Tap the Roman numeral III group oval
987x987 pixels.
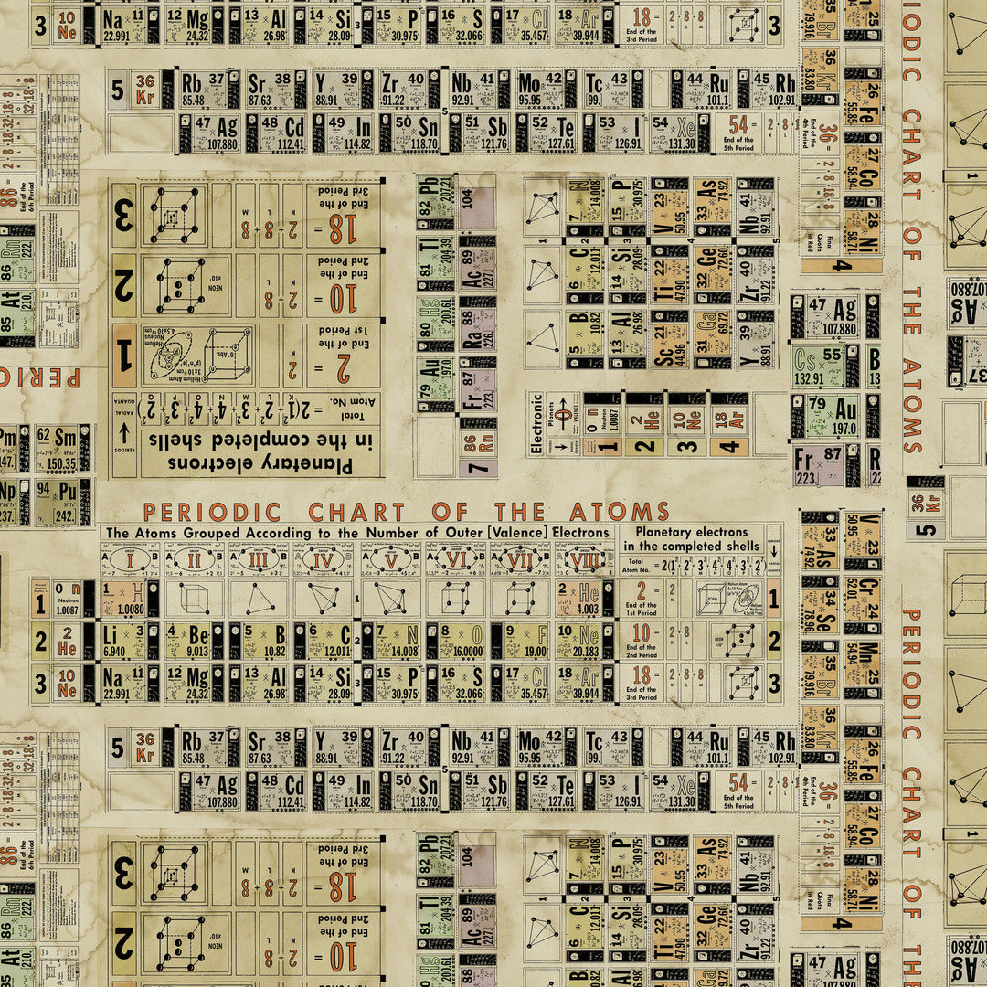click(x=260, y=559)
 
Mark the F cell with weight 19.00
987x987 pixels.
click(x=527, y=640)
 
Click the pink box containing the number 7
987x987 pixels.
click(x=478, y=467)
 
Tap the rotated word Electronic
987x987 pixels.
click(x=537, y=423)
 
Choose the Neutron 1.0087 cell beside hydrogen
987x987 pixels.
click(x=67, y=599)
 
